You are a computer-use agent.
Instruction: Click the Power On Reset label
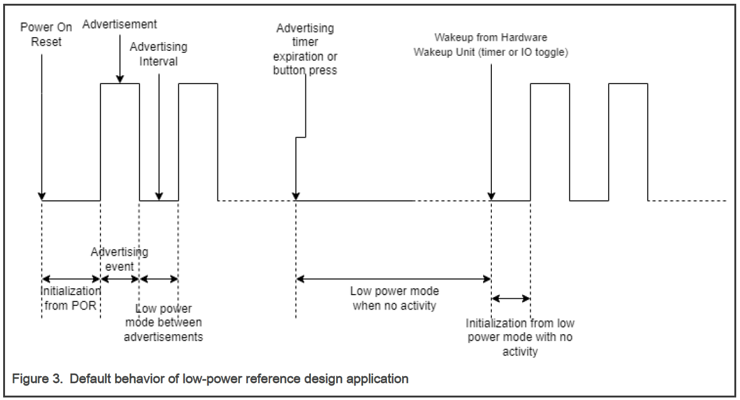(x=46, y=35)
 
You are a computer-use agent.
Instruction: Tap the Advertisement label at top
(x=119, y=24)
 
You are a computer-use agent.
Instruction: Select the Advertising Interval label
(x=158, y=54)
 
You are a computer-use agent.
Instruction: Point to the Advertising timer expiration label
(x=305, y=49)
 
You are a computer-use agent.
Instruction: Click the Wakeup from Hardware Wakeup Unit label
(x=491, y=45)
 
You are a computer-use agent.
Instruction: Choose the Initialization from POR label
(x=70, y=298)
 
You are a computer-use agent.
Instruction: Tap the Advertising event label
(x=119, y=259)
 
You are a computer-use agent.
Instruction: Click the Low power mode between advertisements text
(x=163, y=323)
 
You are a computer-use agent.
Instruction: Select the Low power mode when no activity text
(x=394, y=298)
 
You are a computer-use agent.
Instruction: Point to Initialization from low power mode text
(x=520, y=337)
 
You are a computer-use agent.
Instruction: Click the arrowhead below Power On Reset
(x=41, y=196)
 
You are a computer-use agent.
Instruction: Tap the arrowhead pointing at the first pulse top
(x=120, y=79)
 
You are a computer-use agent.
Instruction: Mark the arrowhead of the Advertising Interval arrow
(x=159, y=196)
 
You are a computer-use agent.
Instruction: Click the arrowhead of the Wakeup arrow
(x=491, y=196)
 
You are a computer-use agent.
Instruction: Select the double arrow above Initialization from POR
(x=71, y=279)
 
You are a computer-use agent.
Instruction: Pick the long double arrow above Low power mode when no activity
(x=394, y=279)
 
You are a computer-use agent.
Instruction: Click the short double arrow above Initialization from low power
(x=511, y=298)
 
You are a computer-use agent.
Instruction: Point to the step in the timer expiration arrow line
(x=301, y=138)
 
